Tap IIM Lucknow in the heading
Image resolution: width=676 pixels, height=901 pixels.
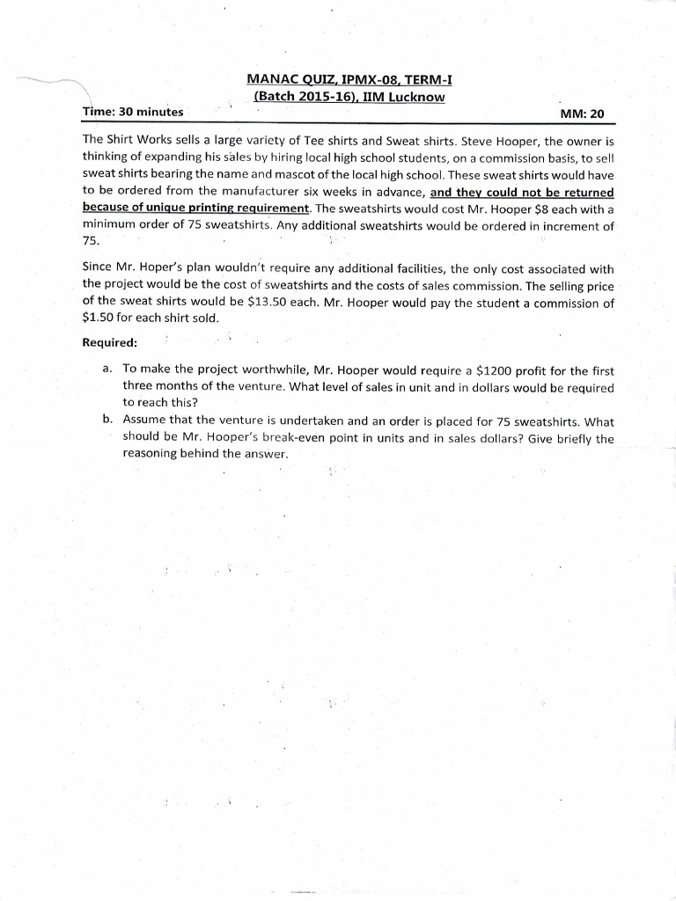click(x=406, y=97)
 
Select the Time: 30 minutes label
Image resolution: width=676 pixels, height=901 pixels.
click(x=132, y=112)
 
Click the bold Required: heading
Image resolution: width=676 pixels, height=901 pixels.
click(x=110, y=341)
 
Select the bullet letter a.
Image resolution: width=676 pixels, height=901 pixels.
click(x=107, y=370)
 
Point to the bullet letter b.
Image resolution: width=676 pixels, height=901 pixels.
click(x=107, y=421)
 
